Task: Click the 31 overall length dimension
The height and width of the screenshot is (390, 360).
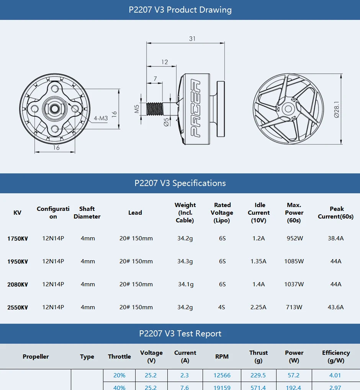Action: (192, 39)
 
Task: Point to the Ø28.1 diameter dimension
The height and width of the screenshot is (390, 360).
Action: (336, 109)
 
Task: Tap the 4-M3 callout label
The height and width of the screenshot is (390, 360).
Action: (101, 118)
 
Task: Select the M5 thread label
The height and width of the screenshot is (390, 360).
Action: (137, 109)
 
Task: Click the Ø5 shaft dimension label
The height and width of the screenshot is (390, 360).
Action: (166, 122)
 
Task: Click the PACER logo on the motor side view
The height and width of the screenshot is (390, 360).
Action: (195, 109)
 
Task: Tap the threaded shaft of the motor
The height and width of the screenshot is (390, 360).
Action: (155, 109)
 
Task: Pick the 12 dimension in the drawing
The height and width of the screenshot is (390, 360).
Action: (164, 62)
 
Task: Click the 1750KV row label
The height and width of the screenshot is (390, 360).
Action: (17, 238)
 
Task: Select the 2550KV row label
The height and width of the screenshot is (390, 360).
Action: (17, 307)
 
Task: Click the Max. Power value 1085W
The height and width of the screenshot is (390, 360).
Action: (294, 261)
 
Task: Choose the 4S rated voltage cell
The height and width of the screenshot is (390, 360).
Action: (222, 307)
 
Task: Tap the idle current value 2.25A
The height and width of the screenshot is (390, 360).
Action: (258, 307)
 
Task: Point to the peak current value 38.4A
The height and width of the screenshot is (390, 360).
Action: (335, 238)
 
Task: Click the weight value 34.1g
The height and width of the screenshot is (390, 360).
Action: (185, 284)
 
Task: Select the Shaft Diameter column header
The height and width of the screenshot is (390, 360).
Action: (87, 213)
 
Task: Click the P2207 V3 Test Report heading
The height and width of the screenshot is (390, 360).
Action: (180, 334)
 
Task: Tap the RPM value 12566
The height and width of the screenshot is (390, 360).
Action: (222, 375)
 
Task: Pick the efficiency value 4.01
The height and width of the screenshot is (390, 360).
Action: (335, 375)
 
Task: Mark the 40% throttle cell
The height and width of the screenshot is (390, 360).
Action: (119, 387)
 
